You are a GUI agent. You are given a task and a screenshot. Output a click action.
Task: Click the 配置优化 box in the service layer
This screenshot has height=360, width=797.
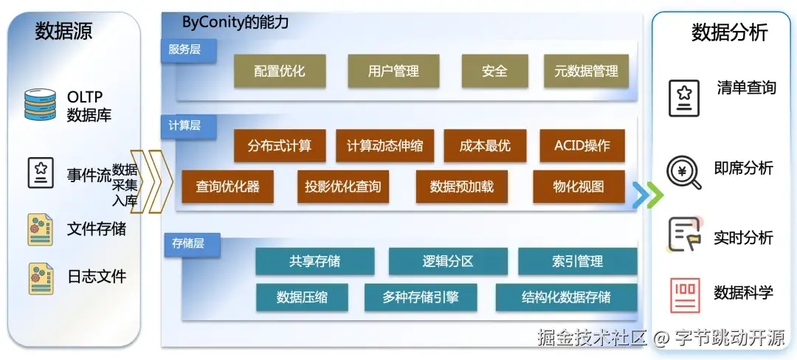click(x=279, y=72)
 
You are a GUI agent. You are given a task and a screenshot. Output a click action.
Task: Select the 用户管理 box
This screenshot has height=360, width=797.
click(x=393, y=72)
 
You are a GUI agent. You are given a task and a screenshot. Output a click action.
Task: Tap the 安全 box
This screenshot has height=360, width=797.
click(x=494, y=72)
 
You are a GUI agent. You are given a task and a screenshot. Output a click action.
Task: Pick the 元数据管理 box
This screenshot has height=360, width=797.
click(x=586, y=72)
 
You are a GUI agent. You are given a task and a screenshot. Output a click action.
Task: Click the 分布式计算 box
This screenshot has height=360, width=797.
click(x=280, y=146)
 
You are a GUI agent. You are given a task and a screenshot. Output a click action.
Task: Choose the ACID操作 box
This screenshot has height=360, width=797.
click(x=582, y=146)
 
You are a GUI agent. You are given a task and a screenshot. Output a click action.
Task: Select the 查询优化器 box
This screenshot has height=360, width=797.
click(x=227, y=187)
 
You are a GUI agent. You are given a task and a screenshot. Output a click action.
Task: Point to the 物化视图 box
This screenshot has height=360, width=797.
click(x=579, y=187)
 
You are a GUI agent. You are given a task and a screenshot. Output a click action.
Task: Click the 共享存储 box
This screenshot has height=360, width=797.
click(x=314, y=261)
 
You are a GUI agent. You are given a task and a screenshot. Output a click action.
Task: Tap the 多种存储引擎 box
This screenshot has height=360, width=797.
click(x=421, y=297)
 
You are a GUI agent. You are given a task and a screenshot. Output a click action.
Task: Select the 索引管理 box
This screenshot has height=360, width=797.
click(x=577, y=261)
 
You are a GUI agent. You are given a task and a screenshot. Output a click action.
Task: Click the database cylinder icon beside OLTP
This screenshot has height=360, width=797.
click(x=40, y=105)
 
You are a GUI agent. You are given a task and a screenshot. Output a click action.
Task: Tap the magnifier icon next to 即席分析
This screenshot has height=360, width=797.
click(x=683, y=172)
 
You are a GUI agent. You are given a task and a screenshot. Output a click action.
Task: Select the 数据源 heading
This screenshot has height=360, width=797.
click(x=64, y=32)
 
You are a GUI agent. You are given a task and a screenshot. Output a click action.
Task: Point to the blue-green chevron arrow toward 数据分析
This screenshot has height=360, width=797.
click(x=647, y=195)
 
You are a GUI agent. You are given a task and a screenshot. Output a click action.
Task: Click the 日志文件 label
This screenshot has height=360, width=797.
click(x=97, y=277)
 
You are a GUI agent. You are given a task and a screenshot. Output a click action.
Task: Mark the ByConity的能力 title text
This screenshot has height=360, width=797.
click(x=235, y=22)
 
